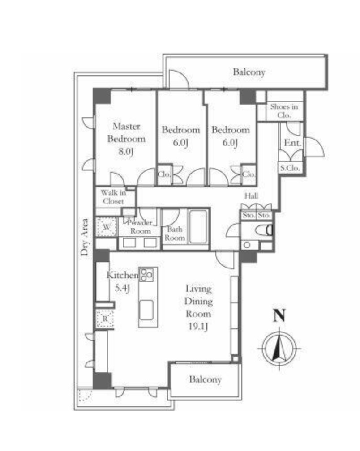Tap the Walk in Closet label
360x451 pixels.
[113, 197]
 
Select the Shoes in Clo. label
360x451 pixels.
[284, 111]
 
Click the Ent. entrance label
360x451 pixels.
[292, 143]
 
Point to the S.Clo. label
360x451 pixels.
[290, 168]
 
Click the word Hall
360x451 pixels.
[251, 196]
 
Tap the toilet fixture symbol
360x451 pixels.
[264, 230]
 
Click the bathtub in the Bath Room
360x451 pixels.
[198, 227]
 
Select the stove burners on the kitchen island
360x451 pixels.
[146, 275]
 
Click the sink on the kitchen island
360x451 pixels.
[146, 310]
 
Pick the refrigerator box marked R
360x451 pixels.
[105, 319]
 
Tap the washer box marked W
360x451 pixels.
[107, 227]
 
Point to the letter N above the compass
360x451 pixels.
[279, 315]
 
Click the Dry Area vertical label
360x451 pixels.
[84, 238]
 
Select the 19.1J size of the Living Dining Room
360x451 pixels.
[198, 327]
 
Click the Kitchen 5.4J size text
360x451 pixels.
[122, 287]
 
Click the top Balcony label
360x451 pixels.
[249, 72]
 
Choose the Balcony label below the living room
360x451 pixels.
[205, 379]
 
